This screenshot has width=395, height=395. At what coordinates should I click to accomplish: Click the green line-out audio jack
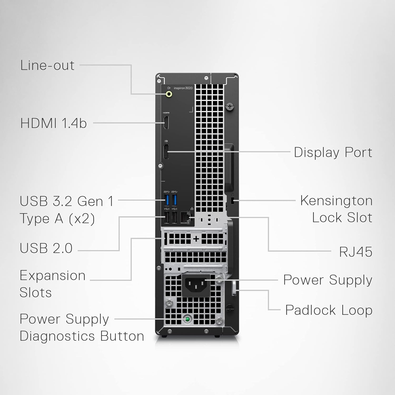169,94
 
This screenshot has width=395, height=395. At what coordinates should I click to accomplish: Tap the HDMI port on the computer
166,123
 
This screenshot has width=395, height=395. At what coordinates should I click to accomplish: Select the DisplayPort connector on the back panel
166,152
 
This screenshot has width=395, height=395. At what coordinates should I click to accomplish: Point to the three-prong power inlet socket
196,285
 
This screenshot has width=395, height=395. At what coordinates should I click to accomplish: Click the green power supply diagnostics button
187,319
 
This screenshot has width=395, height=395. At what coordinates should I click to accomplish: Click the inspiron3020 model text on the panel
183,88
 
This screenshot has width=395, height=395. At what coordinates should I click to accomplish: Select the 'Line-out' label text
47,65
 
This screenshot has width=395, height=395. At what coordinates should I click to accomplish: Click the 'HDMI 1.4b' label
53,123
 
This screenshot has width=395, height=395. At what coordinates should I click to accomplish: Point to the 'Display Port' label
333,152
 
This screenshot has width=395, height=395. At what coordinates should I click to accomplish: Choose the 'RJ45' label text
355,252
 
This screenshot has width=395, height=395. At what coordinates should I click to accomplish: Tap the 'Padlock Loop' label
329,310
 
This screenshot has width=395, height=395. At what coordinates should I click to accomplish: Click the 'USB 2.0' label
46,248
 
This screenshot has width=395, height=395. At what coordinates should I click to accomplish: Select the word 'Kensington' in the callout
336,201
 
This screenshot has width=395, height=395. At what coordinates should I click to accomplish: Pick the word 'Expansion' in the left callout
53,276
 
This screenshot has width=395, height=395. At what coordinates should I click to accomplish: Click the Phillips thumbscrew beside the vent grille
230,107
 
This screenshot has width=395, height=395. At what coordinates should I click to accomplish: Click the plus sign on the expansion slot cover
196,239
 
